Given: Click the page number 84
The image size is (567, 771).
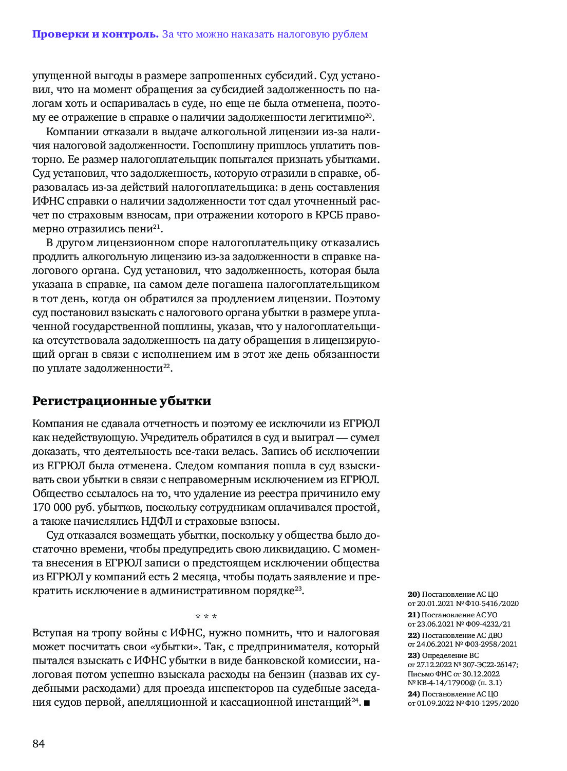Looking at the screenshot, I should point(39,743).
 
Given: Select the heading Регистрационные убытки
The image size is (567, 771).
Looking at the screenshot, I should point(122,401).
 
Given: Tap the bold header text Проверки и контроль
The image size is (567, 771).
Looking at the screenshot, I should point(95,34).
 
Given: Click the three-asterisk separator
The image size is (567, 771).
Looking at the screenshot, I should point(206,616).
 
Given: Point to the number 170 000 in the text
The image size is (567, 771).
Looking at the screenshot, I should point(53,508).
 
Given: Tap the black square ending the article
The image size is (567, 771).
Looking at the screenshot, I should point(367,703).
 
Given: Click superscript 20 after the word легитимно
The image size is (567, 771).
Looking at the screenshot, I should point(368,116).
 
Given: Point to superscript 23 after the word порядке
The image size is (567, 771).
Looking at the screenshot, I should point(298,589).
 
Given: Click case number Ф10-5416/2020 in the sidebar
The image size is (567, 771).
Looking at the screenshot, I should point(491,603).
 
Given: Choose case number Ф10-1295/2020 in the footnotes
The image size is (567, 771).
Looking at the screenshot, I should point(492,703).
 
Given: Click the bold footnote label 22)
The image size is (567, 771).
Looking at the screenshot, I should point(414,635).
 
